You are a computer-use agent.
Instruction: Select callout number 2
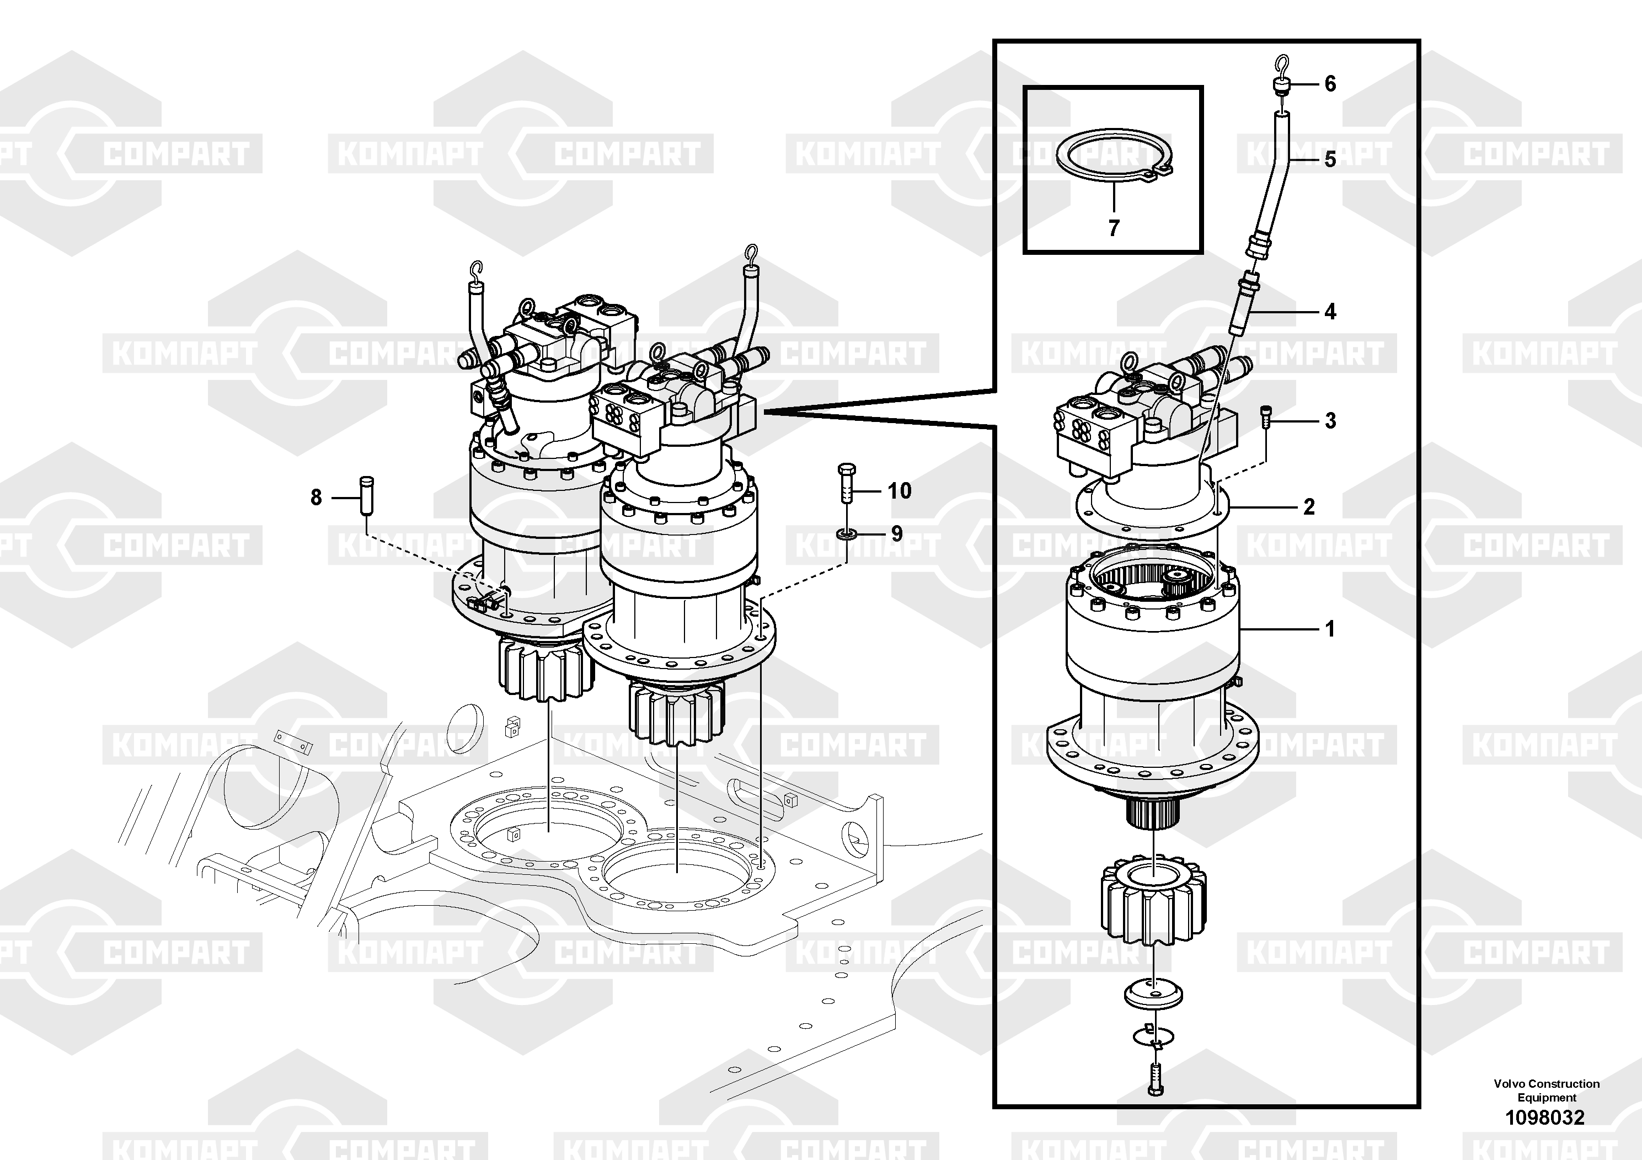click(1309, 507)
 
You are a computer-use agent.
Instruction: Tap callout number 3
click(1330, 421)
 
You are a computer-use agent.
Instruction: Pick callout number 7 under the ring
click(1114, 228)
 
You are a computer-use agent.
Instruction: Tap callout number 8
click(316, 497)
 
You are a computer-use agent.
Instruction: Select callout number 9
click(896, 533)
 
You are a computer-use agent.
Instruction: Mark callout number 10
click(899, 490)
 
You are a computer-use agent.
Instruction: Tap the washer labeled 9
click(847, 533)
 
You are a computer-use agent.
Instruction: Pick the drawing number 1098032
click(1545, 1117)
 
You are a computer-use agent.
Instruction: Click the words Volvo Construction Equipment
click(1546, 1090)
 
